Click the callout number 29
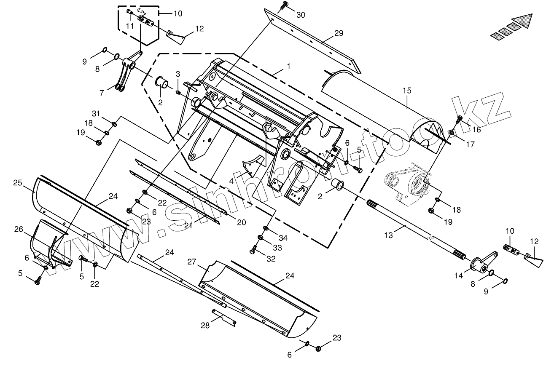pyautogui.click(x=339, y=33)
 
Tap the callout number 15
pyautogui.click(x=407, y=91)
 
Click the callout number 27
pyautogui.click(x=192, y=262)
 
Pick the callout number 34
pyautogui.click(x=282, y=238)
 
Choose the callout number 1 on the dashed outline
pyautogui.click(x=288, y=66)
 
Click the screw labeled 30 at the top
pyautogui.click(x=285, y=4)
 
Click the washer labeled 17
pyautogui.click(x=452, y=132)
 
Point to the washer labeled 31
pyautogui.click(x=114, y=123)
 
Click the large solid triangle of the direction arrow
pyautogui.click(x=523, y=21)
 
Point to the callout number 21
pyautogui.click(x=188, y=226)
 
